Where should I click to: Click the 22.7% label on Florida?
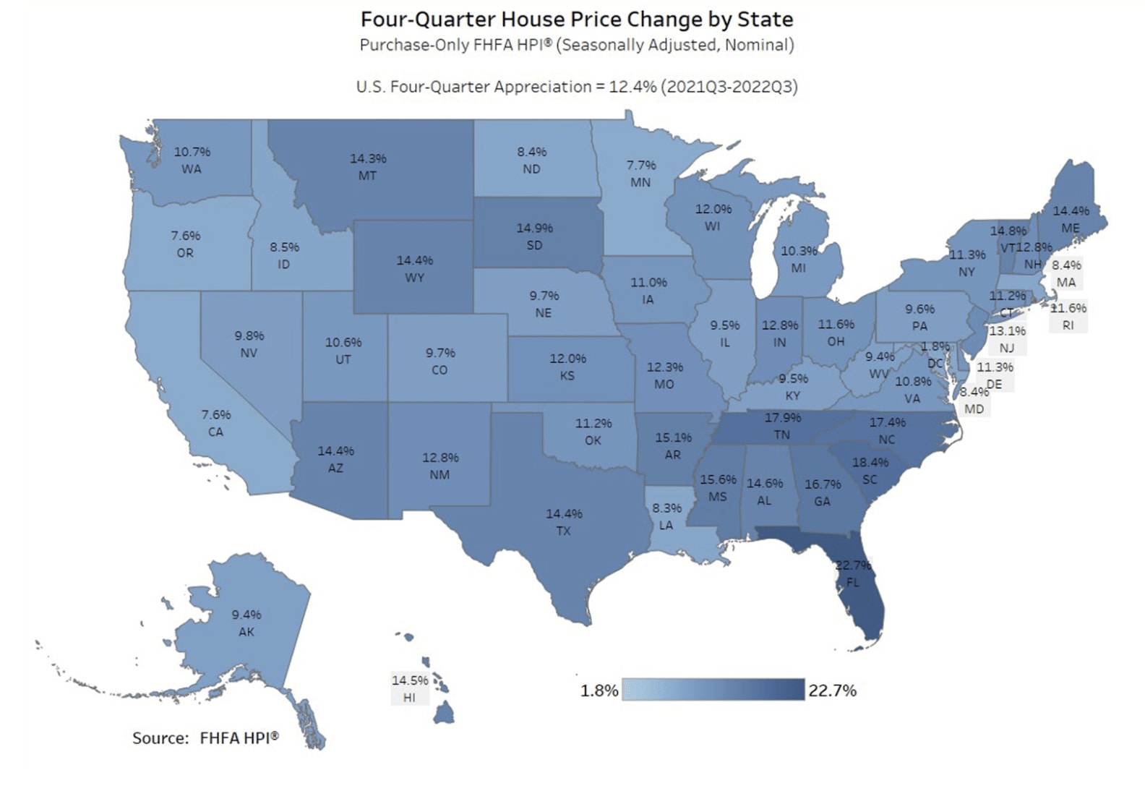(x=854, y=565)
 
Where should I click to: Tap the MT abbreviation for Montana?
(x=367, y=176)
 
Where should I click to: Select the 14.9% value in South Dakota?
(x=534, y=228)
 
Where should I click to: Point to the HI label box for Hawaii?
(x=409, y=697)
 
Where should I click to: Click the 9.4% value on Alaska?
(x=246, y=615)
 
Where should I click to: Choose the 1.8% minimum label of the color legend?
(x=599, y=690)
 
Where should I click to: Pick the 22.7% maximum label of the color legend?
(x=832, y=690)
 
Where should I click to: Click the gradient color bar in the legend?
(x=713, y=690)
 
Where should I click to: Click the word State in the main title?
(x=766, y=19)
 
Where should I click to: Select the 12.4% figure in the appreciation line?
(x=632, y=87)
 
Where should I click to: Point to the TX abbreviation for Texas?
(x=563, y=531)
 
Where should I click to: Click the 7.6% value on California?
(x=216, y=414)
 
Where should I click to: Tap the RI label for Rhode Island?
(x=1068, y=325)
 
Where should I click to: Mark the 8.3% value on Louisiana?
(x=666, y=508)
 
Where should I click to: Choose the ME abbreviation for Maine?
(x=1071, y=228)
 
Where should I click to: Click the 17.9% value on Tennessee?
(x=783, y=417)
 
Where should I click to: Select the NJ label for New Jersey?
(x=1007, y=348)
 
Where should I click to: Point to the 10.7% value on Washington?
(x=192, y=152)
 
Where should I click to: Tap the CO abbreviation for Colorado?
(x=439, y=369)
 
